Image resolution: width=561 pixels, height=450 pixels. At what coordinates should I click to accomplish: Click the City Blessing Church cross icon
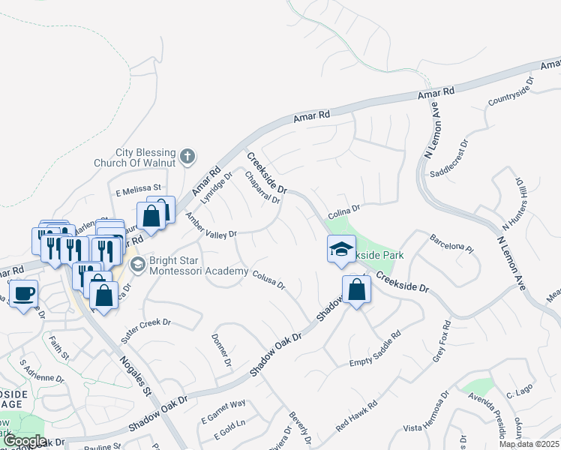click(187, 157)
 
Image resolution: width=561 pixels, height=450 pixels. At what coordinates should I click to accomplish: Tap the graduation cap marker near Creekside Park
click(341, 249)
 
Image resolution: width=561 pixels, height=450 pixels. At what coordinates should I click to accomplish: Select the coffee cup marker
click(23, 292)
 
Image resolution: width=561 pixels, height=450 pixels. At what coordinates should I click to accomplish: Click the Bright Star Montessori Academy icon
click(138, 265)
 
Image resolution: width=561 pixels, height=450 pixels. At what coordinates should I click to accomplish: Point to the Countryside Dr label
click(510, 91)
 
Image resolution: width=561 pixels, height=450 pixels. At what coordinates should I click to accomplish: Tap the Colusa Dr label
click(268, 279)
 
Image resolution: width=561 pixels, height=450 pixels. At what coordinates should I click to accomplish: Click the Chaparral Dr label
click(262, 187)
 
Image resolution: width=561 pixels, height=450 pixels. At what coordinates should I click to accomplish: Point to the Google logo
click(24, 441)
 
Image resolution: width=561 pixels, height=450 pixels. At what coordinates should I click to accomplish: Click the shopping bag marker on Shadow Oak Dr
click(355, 290)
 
